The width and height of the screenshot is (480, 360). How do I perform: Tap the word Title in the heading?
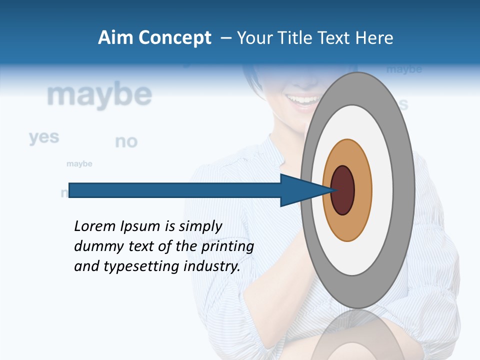[x=299, y=38]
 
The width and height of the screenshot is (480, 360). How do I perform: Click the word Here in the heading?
[x=374, y=38]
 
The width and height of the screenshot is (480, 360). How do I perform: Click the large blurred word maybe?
[x=99, y=95]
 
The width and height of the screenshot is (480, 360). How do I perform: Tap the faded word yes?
[x=44, y=137]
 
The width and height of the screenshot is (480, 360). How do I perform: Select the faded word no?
[x=126, y=142]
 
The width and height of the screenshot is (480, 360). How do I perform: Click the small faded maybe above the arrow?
[x=79, y=164]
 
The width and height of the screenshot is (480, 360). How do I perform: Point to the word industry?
[x=212, y=266]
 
